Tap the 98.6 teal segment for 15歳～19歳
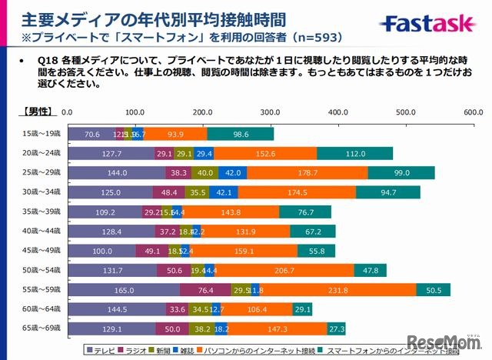pyautogui.click(x=241, y=134)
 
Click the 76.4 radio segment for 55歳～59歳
pyautogui.click(x=206, y=290)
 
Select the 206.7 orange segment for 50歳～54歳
pyautogui.click(x=284, y=270)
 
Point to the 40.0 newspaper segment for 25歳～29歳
pyautogui.click(x=204, y=173)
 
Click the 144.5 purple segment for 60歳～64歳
pyautogui.click(x=117, y=309)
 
